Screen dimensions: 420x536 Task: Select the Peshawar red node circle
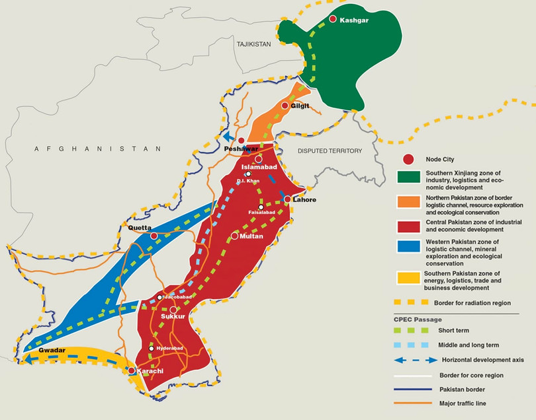coord(242,141)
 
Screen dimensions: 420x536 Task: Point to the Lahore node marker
coord(288,199)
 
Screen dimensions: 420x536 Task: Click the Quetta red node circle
coord(154,236)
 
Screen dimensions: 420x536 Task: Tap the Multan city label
coord(252,236)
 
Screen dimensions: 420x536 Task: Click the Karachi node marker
coord(132,371)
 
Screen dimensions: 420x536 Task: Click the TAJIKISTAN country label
coord(254,44)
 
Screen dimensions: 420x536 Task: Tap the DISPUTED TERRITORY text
coord(330,151)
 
